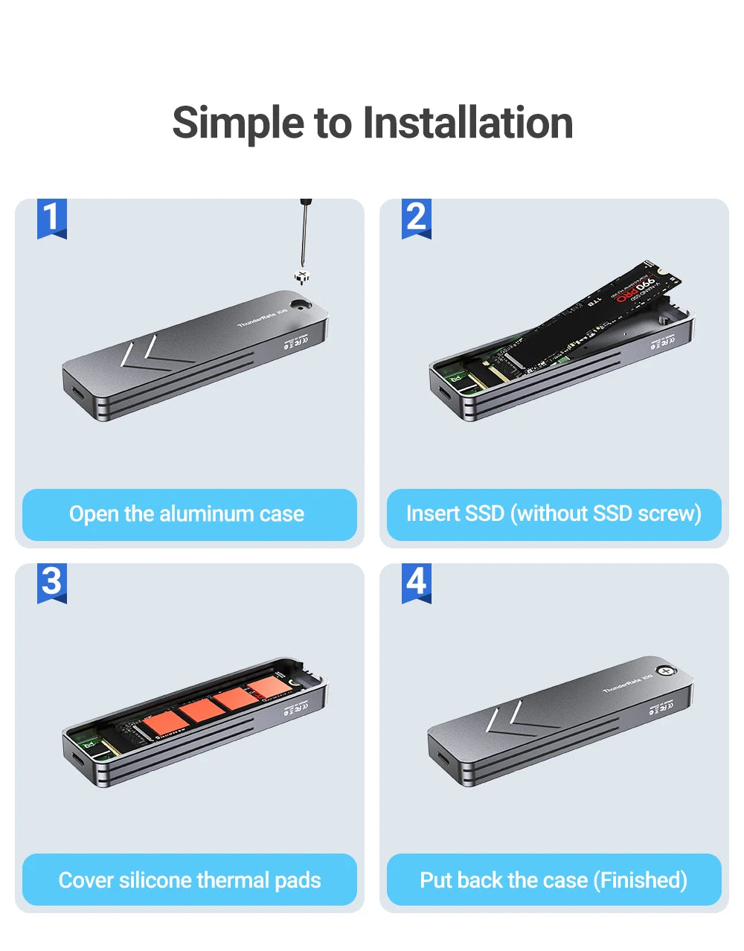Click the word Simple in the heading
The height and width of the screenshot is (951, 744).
click(238, 123)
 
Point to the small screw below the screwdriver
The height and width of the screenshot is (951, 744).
click(302, 278)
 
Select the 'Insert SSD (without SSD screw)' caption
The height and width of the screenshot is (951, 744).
click(554, 514)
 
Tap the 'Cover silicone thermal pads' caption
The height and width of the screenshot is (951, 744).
click(189, 880)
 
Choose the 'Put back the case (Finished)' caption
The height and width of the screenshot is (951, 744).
click(554, 880)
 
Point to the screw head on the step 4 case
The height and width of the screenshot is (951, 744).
click(667, 670)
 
